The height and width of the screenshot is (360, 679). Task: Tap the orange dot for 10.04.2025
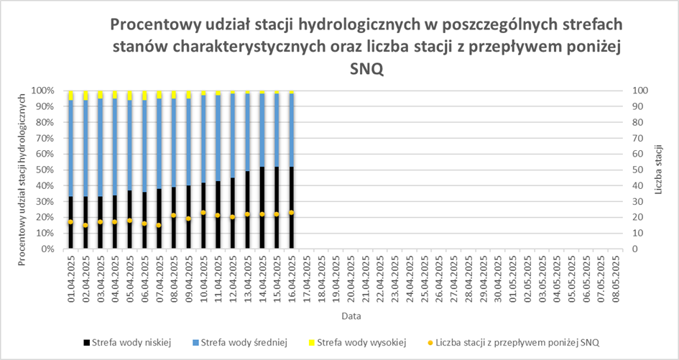coord(203,213)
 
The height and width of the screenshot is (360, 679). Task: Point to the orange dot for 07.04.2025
coord(159,225)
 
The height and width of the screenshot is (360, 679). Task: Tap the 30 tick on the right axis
coord(637,202)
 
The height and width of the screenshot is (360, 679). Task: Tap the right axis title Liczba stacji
coord(660,170)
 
